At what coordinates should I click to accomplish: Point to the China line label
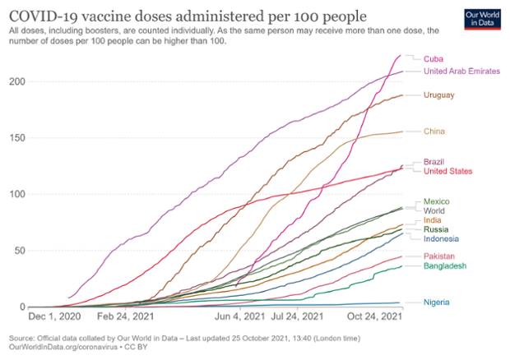[x=434, y=132]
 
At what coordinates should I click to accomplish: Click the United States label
[x=447, y=171]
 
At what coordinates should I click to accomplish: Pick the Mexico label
[x=436, y=201]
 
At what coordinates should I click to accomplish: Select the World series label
[x=433, y=210]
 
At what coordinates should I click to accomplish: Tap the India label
[x=433, y=220]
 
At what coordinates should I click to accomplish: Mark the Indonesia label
[x=441, y=239]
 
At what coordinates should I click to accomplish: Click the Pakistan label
[x=439, y=256]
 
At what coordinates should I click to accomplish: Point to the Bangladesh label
[x=444, y=266]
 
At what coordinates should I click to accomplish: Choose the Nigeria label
[x=436, y=302]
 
